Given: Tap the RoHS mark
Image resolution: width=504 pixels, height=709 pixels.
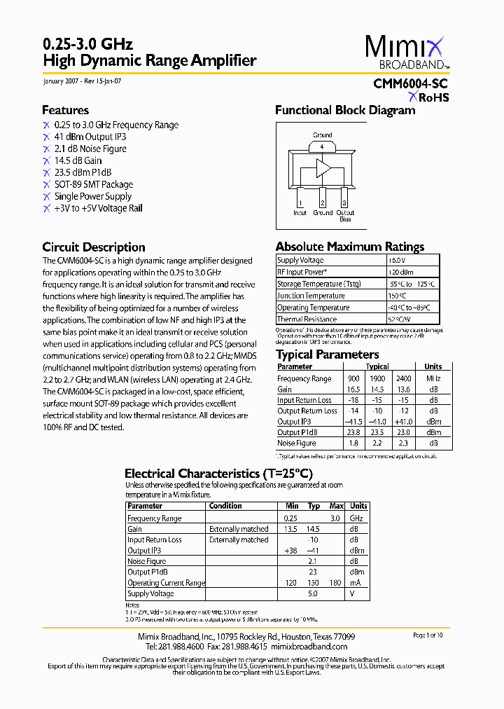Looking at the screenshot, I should tap(433, 97).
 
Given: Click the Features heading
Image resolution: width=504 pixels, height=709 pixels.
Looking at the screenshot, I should tap(65, 110).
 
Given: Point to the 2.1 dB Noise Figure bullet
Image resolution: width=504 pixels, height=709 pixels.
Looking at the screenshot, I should tap(90, 149).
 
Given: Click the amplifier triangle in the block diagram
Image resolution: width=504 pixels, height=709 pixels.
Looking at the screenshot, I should tap(323, 168).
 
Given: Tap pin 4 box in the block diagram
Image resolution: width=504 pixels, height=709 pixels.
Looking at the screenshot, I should tap(322, 146).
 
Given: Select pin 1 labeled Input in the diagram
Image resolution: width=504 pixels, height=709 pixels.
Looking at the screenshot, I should tap(300, 203).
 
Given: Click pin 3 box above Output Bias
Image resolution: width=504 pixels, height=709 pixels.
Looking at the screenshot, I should tap(344, 203).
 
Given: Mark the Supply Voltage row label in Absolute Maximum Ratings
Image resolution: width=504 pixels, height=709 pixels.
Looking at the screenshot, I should tap(300, 260).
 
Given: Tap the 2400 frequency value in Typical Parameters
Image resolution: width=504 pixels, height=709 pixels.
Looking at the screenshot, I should tap(405, 378).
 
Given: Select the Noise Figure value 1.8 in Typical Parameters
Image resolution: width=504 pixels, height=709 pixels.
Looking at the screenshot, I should tap(353, 443).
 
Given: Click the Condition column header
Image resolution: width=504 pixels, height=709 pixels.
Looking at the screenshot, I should tap(225, 506).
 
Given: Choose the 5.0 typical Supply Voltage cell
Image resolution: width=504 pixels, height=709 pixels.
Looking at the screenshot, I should tap(313, 593).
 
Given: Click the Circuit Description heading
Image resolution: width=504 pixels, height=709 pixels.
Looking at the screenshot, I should tap(94, 247).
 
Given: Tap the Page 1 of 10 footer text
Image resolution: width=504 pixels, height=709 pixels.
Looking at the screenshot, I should tap(428, 635).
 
